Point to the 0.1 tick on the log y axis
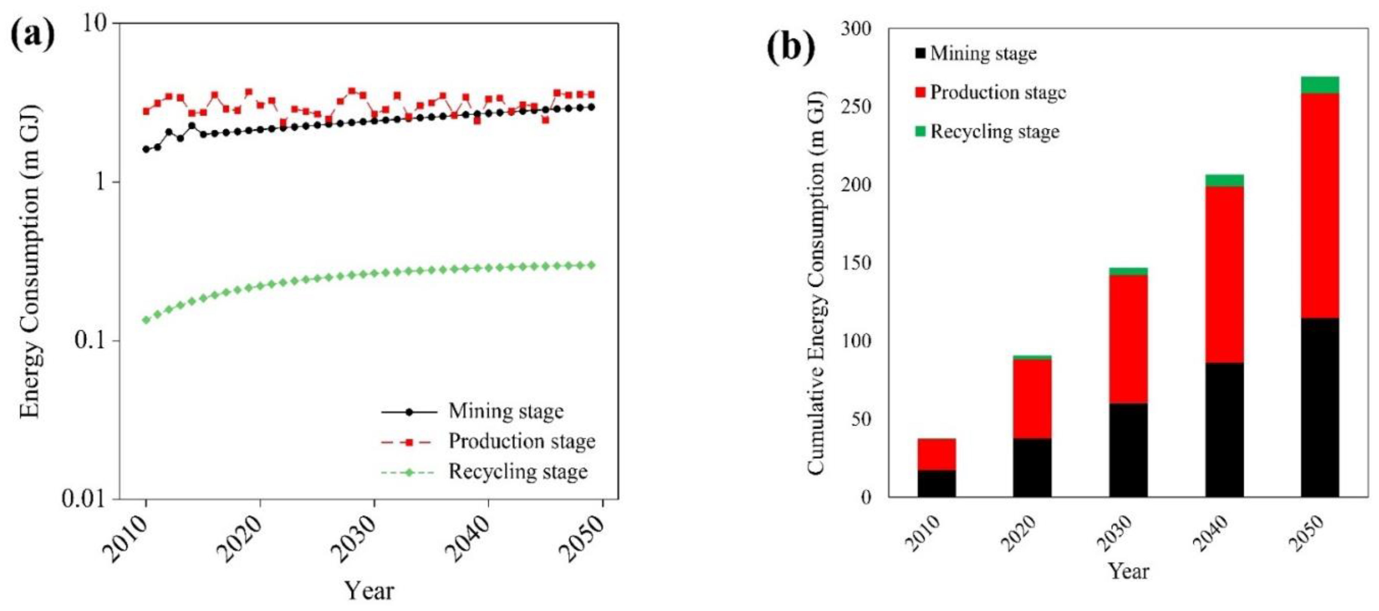pyautogui.click(x=90, y=341)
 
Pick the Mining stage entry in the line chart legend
pyautogui.click(x=505, y=411)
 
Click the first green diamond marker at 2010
pyautogui.click(x=146, y=320)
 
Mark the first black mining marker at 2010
pyautogui.click(x=146, y=149)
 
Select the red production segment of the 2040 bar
pyautogui.click(x=1224, y=274)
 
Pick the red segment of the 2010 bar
pyautogui.click(x=936, y=454)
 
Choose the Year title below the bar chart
pyautogui.click(x=1128, y=571)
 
